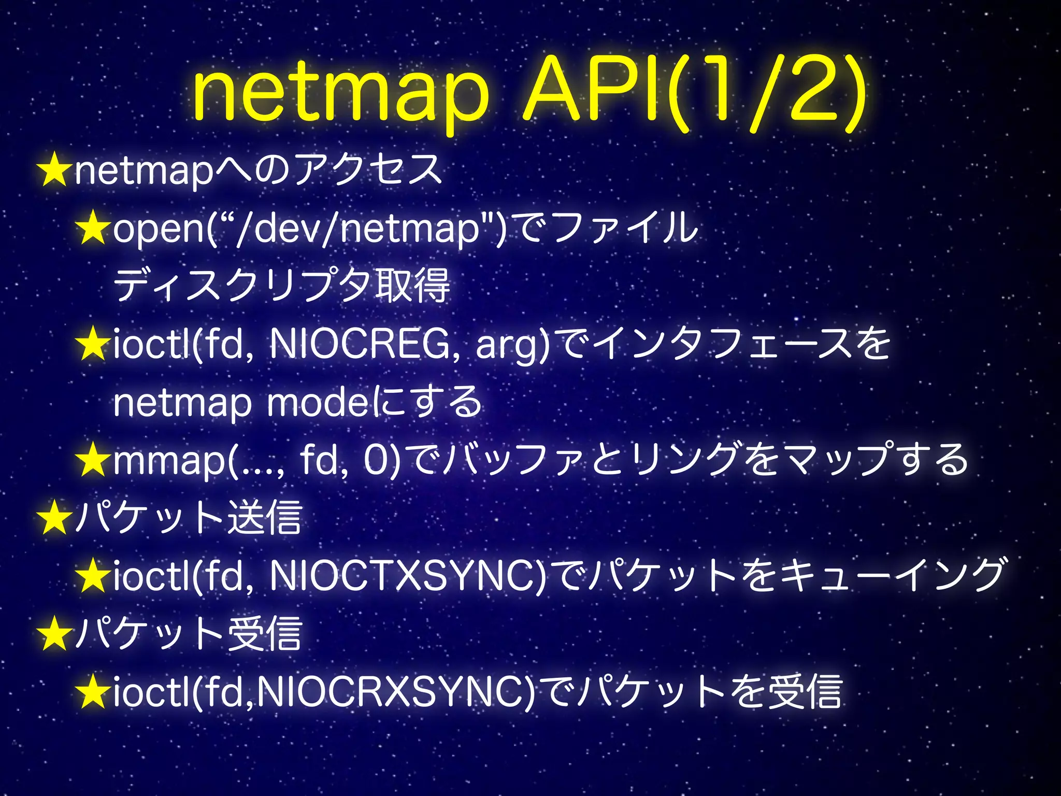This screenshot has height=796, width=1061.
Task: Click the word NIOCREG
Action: click(x=360, y=344)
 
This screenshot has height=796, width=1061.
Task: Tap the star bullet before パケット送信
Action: click(x=53, y=518)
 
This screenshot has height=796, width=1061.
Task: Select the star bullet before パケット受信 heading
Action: click(x=53, y=634)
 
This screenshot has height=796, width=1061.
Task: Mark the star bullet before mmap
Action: click(x=92, y=460)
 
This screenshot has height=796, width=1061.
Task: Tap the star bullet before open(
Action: click(x=92, y=229)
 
